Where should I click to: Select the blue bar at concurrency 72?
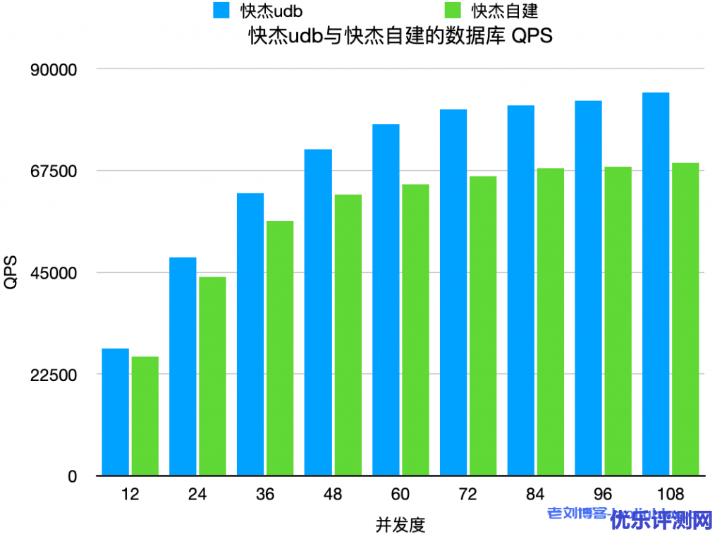[453, 292]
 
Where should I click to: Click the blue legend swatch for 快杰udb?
[222, 10]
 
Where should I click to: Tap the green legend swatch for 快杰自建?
[454, 10]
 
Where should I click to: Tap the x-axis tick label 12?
[130, 495]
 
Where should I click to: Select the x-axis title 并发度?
[400, 525]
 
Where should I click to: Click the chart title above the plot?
[400, 36]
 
